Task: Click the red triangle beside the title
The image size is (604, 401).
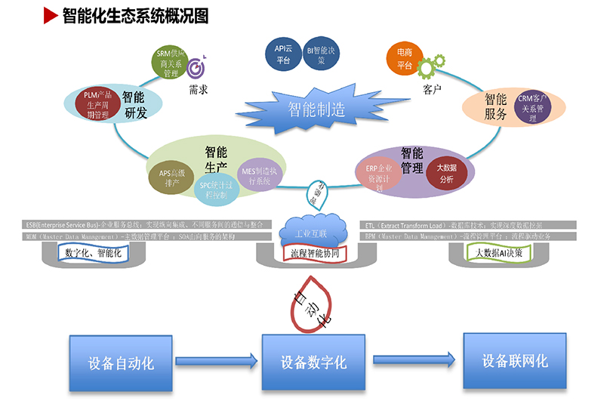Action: coord(51,14)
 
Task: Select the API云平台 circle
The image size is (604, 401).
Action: coord(283,54)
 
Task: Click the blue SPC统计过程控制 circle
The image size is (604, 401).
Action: coord(215,190)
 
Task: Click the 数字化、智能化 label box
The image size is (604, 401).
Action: coord(94,253)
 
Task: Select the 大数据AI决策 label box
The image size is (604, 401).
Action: coord(504,253)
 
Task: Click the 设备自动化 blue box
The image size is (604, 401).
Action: coord(121,363)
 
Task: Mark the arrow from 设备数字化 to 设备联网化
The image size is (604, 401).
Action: coord(411,359)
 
